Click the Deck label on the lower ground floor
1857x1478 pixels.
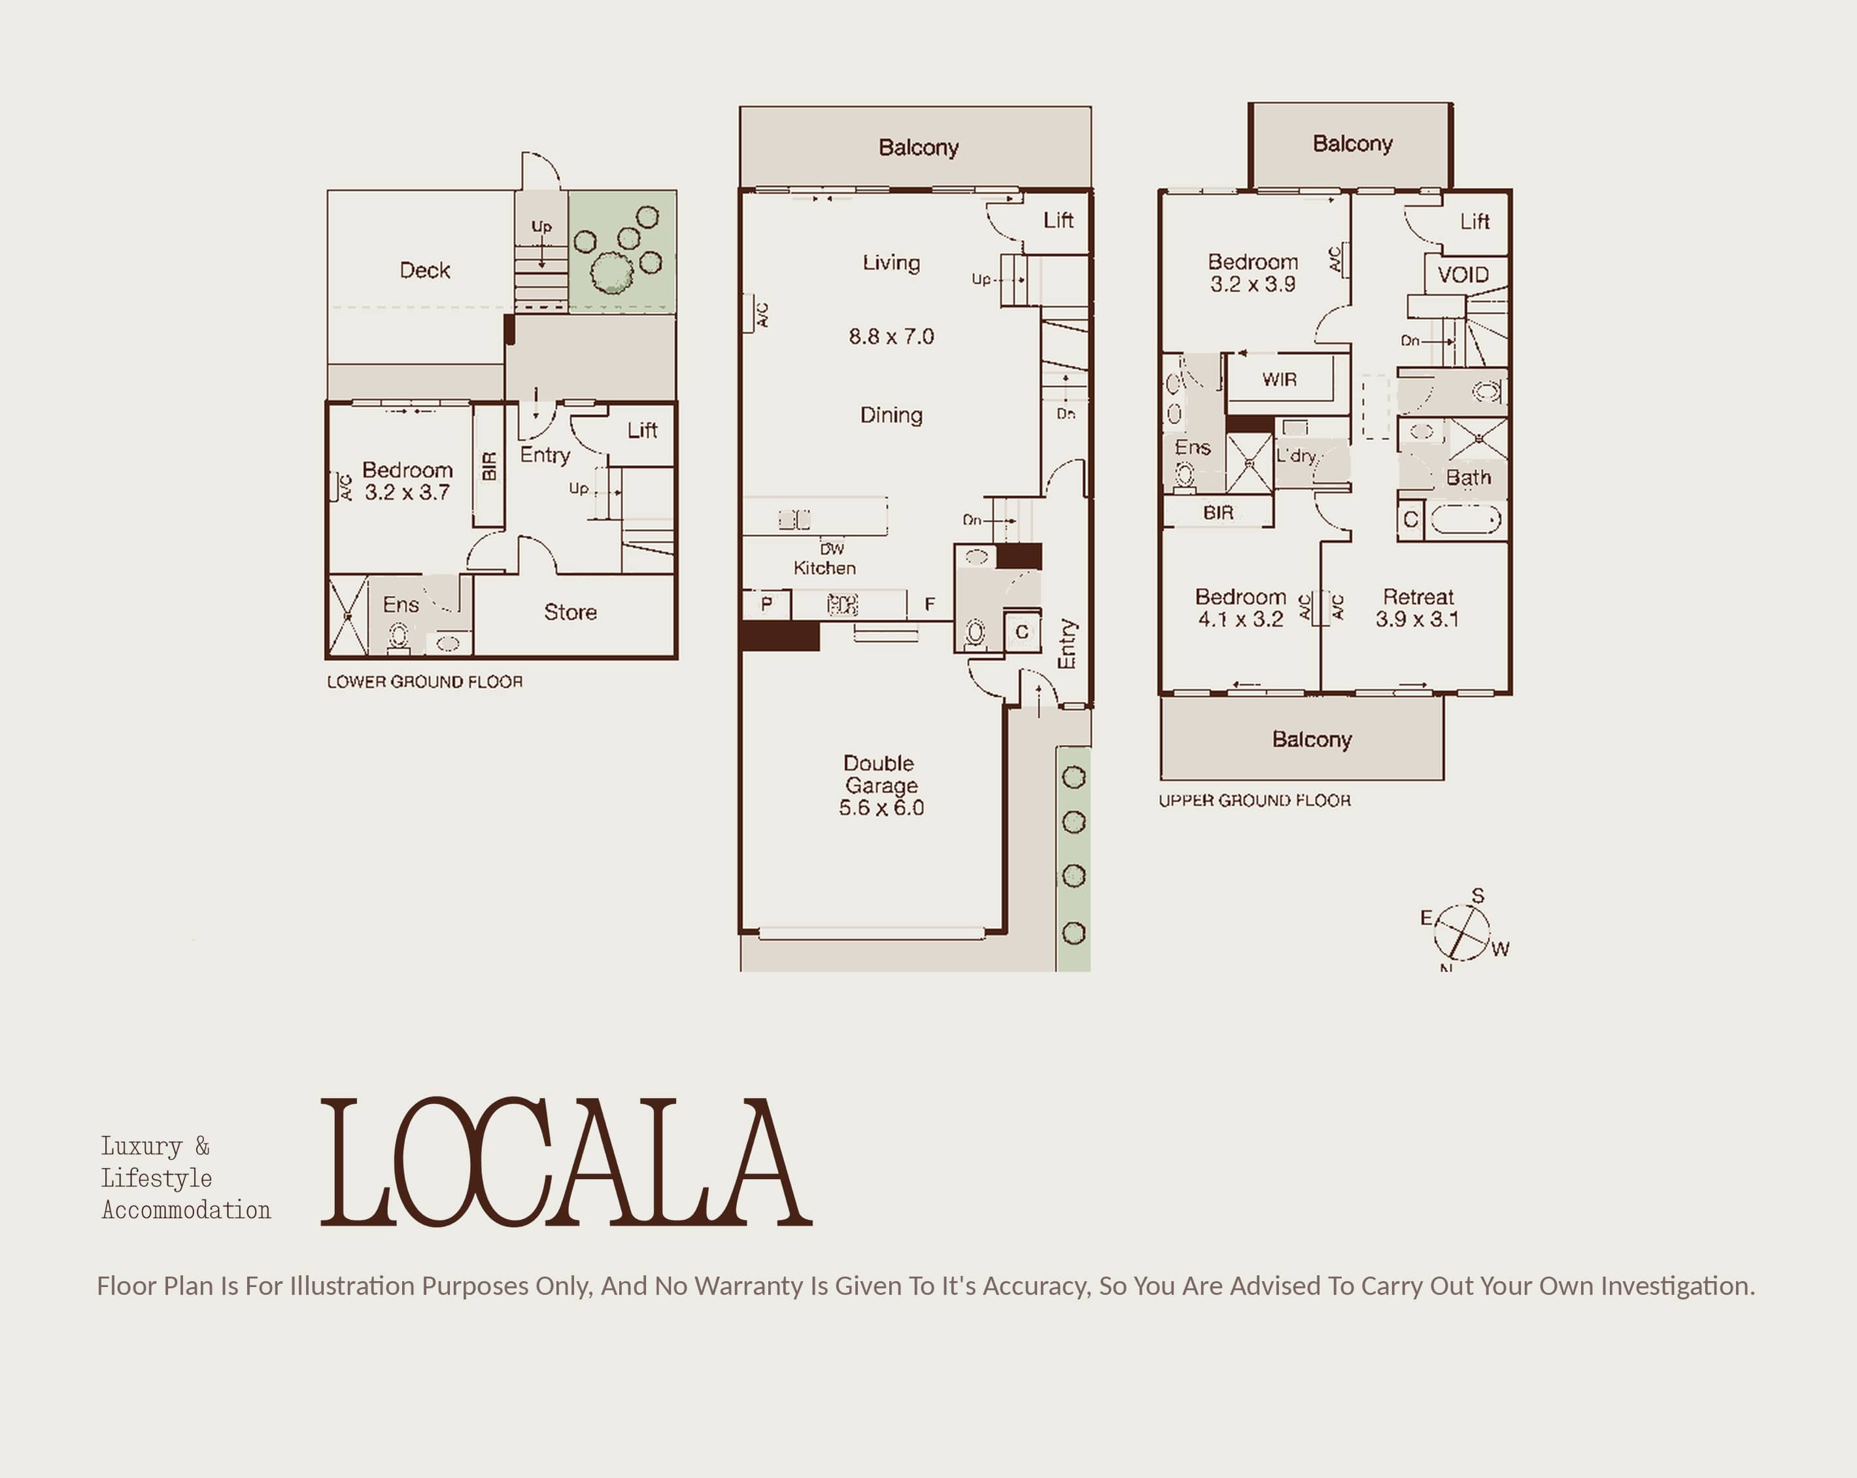pyautogui.click(x=424, y=271)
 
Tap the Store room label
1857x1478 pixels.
pyautogui.click(x=570, y=612)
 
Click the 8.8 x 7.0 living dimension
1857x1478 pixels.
pyautogui.click(x=891, y=336)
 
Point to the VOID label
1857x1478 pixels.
pyautogui.click(x=1463, y=275)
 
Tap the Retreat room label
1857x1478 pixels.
pyautogui.click(x=1418, y=597)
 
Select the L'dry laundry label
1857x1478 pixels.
pyautogui.click(x=1296, y=456)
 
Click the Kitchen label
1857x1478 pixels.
pyautogui.click(x=825, y=568)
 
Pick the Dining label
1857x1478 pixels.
pyautogui.click(x=891, y=415)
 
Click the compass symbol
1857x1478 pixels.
pyautogui.click(x=1461, y=932)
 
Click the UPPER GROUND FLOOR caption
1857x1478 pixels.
pyautogui.click(x=1254, y=800)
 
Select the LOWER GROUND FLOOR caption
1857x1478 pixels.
pyautogui.click(x=424, y=681)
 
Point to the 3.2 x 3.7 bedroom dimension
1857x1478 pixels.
pyautogui.click(x=407, y=492)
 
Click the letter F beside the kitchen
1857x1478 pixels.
pyautogui.click(x=929, y=604)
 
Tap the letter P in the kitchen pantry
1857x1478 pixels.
pyautogui.click(x=766, y=604)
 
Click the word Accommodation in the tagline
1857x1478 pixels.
pyautogui.click(x=186, y=1209)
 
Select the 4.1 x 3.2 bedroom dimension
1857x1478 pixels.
pyautogui.click(x=1240, y=619)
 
